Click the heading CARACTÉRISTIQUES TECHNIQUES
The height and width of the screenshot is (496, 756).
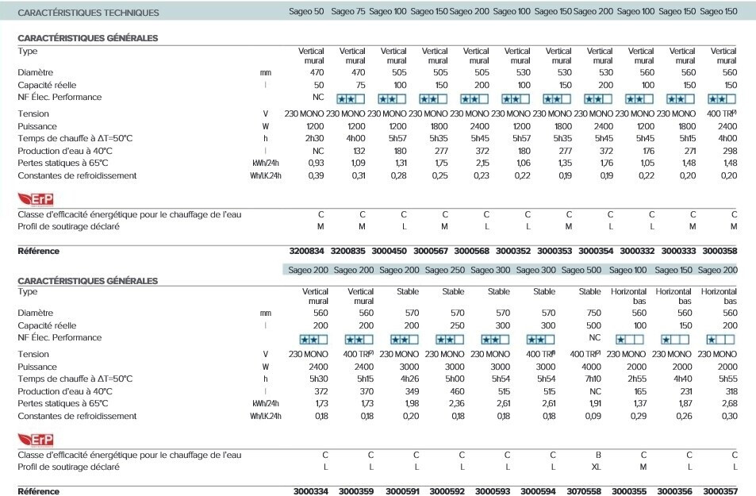(88, 13)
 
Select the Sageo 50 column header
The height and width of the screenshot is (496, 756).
(306, 12)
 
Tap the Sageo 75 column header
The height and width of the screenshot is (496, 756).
(347, 12)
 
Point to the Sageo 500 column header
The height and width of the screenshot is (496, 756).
(581, 271)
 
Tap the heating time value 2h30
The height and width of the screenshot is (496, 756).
(314, 138)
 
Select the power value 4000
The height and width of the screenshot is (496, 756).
(591, 367)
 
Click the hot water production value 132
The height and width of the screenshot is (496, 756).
(358, 150)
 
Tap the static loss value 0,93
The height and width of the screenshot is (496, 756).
(315, 163)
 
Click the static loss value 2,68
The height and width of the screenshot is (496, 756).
(727, 404)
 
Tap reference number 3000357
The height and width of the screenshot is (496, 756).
(720, 491)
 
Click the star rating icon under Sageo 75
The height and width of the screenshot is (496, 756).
(351, 99)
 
